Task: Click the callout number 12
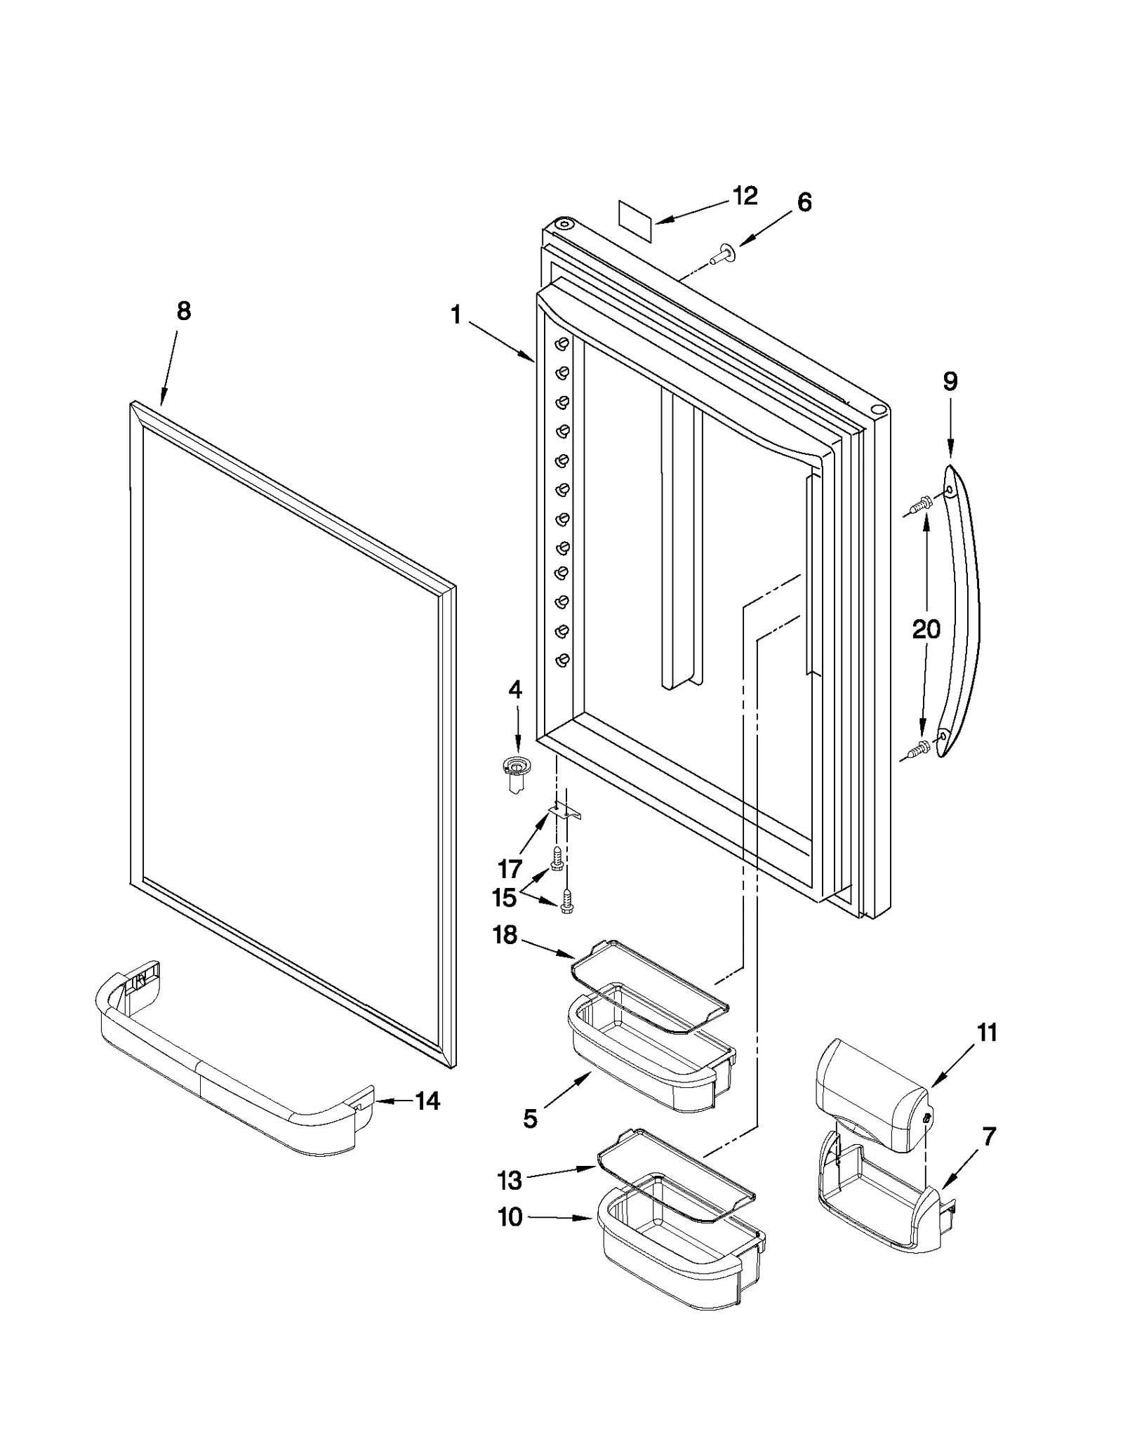click(745, 196)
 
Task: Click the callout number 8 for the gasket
click(183, 311)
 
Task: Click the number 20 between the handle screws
click(925, 629)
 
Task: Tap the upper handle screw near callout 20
click(919, 503)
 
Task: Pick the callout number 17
click(510, 869)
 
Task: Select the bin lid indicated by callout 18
click(649, 986)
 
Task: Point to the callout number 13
click(510, 1180)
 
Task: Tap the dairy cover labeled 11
click(870, 1092)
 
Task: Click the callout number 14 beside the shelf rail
click(427, 1101)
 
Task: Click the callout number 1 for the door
click(456, 317)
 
